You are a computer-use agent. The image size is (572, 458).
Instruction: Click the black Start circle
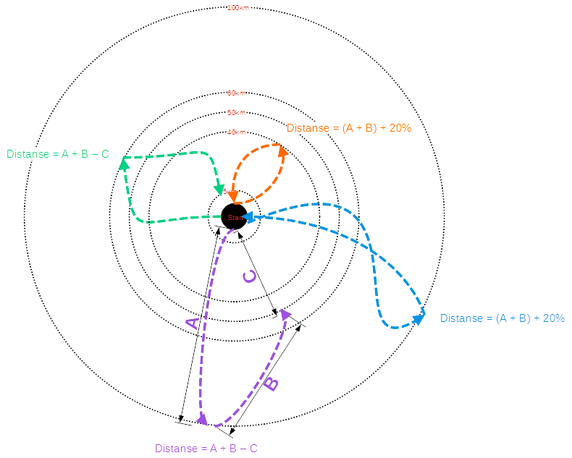233,216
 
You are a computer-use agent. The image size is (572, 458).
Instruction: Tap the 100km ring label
236,9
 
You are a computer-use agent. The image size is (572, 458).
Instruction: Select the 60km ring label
236,93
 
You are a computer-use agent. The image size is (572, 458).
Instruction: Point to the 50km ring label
236,113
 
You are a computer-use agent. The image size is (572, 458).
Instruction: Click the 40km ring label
236,132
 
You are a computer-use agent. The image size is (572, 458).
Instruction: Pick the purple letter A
192,323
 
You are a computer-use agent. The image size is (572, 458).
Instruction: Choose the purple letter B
269,383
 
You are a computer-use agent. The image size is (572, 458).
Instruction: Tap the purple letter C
248,277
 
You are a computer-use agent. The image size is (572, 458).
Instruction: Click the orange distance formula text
349,128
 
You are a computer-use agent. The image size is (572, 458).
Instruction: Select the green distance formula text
58,154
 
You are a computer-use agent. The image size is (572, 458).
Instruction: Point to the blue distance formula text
502,318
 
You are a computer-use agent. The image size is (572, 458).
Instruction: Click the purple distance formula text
206,449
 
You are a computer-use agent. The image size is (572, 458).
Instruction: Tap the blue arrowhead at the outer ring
419,318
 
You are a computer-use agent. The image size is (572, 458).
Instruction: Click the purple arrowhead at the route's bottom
203,418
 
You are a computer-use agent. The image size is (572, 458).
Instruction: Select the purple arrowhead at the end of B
285,313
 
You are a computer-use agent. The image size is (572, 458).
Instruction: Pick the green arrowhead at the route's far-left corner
124,165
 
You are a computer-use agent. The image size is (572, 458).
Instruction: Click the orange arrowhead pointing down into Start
232,196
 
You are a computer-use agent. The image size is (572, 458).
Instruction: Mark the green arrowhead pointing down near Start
219,190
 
